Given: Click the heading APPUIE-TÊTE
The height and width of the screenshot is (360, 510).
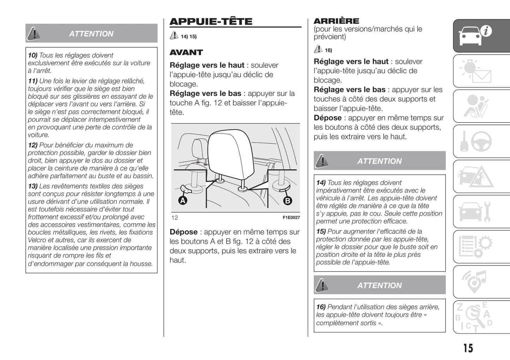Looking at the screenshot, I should pos(211,22).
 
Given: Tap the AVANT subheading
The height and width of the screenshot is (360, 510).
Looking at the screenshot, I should pos(186,53).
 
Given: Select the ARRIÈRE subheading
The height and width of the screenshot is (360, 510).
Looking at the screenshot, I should pos(336,21).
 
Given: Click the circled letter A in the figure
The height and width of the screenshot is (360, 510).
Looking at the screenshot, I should pos(182,200).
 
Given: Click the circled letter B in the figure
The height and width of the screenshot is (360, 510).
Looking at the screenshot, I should pos(288,200).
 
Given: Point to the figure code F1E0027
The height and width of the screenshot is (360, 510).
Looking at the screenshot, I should pos(291,217).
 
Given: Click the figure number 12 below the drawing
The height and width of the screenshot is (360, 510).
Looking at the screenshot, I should pos(174,218).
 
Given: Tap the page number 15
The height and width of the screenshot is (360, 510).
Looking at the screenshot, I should pos(468,348).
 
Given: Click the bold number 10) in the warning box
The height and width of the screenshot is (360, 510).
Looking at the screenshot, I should pos(32,55).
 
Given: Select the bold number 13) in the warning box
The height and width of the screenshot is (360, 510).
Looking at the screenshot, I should pos(32,186).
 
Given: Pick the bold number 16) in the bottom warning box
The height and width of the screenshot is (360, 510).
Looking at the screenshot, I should pos(321,307).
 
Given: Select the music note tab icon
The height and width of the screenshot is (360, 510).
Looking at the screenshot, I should pos(475,281).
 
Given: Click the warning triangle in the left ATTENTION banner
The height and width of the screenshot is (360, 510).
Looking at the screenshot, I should pos(34,33).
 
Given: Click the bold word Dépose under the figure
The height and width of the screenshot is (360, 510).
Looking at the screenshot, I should pos(184,232).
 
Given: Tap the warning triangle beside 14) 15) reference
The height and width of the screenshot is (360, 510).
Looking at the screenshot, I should pos(174,35).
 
